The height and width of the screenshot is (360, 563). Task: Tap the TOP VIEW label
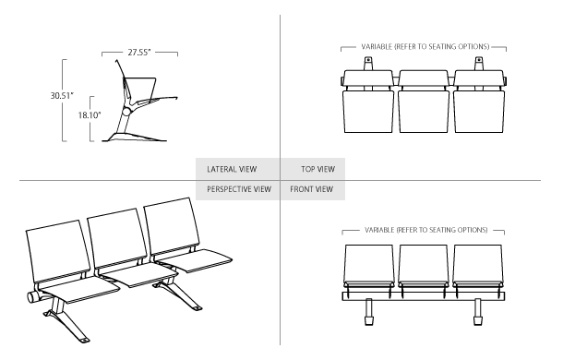click(x=318, y=169)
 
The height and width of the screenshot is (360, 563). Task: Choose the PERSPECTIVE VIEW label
click(x=239, y=188)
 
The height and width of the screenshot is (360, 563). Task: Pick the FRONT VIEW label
click(x=314, y=188)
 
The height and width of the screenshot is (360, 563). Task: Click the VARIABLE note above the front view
click(x=424, y=226)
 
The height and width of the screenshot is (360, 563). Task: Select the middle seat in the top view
click(x=424, y=109)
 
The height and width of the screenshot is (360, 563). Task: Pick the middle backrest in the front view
click(x=424, y=263)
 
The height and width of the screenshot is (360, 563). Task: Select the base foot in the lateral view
click(x=134, y=137)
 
